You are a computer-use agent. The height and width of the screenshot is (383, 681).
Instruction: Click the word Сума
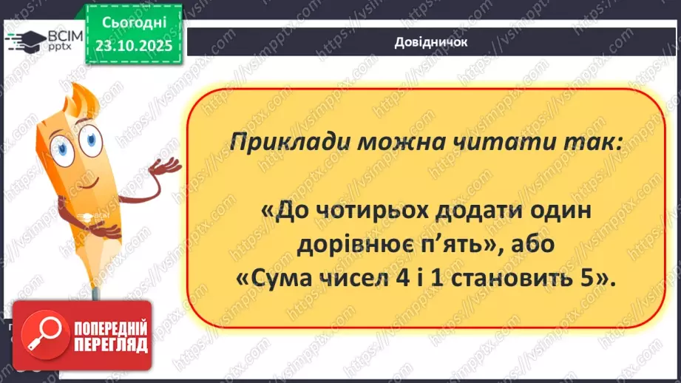pyautogui.click(x=284, y=279)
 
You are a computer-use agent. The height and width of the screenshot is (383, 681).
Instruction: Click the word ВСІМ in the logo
pyautogui.click(x=65, y=35)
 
